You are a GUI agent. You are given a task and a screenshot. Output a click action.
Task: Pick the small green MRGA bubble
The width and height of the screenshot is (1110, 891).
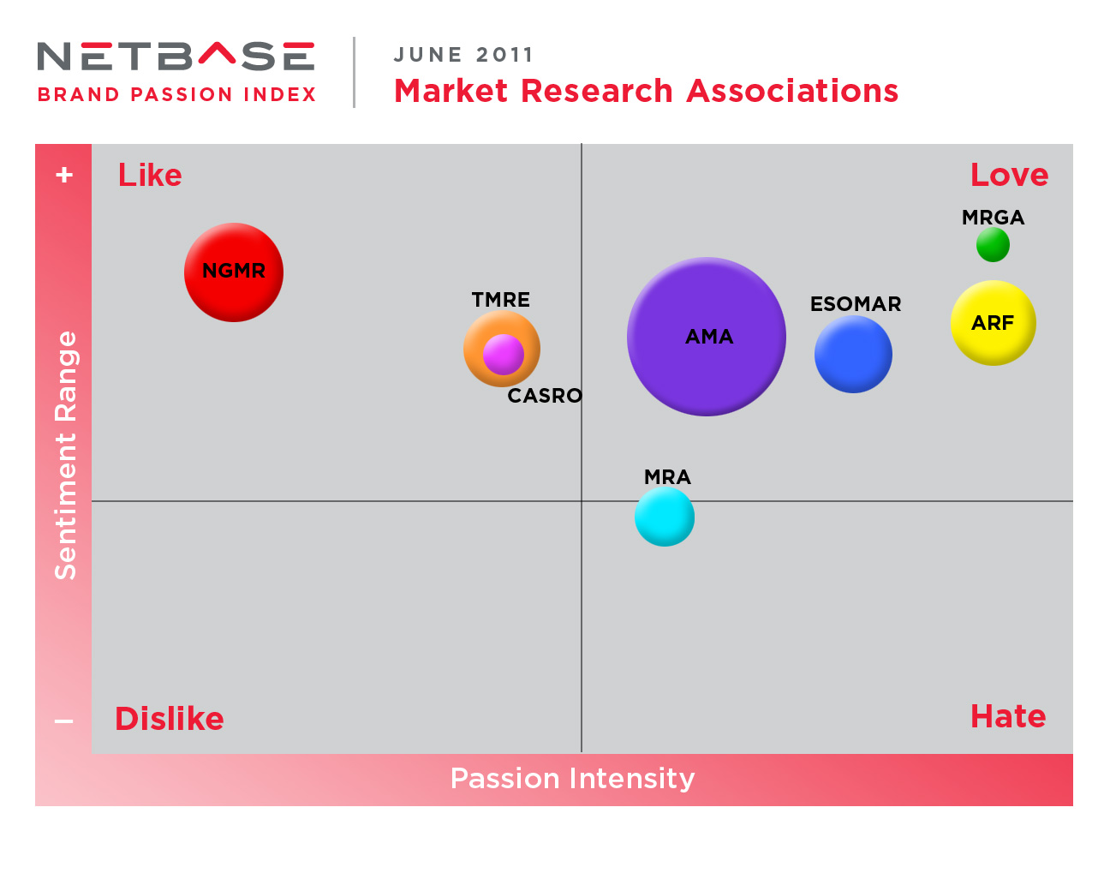click(993, 245)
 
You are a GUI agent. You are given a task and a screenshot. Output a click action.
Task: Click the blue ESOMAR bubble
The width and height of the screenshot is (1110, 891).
click(853, 355)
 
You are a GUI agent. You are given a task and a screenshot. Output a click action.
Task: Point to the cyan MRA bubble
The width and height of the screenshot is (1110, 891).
click(665, 517)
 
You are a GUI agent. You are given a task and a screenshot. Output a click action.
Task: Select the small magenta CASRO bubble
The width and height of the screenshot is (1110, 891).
click(504, 354)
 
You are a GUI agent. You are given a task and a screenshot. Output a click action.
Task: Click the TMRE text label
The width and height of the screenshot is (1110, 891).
click(501, 300)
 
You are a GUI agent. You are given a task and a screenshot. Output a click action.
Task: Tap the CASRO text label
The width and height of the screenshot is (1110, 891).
click(545, 396)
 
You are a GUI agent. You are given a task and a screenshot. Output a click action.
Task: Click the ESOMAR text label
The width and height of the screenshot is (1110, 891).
click(856, 304)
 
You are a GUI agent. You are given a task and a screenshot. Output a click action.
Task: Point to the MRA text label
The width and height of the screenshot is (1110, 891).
click(667, 477)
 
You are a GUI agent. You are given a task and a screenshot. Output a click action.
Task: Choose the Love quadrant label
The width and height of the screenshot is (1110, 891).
click(1009, 175)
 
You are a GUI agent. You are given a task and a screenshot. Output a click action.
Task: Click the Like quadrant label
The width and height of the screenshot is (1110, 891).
click(150, 175)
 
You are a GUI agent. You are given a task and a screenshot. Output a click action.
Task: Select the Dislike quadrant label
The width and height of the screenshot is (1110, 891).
click(170, 719)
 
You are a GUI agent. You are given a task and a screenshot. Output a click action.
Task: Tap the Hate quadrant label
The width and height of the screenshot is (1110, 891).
click(1008, 716)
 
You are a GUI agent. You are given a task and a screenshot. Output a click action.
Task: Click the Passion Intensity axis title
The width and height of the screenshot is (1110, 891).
click(572, 778)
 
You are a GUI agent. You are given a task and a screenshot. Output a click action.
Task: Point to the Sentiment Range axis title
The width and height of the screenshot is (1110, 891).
click(65, 455)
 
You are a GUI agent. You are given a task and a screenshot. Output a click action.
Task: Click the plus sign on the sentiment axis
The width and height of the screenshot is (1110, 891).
click(64, 175)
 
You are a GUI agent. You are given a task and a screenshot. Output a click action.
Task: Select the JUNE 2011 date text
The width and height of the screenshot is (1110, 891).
click(463, 55)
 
